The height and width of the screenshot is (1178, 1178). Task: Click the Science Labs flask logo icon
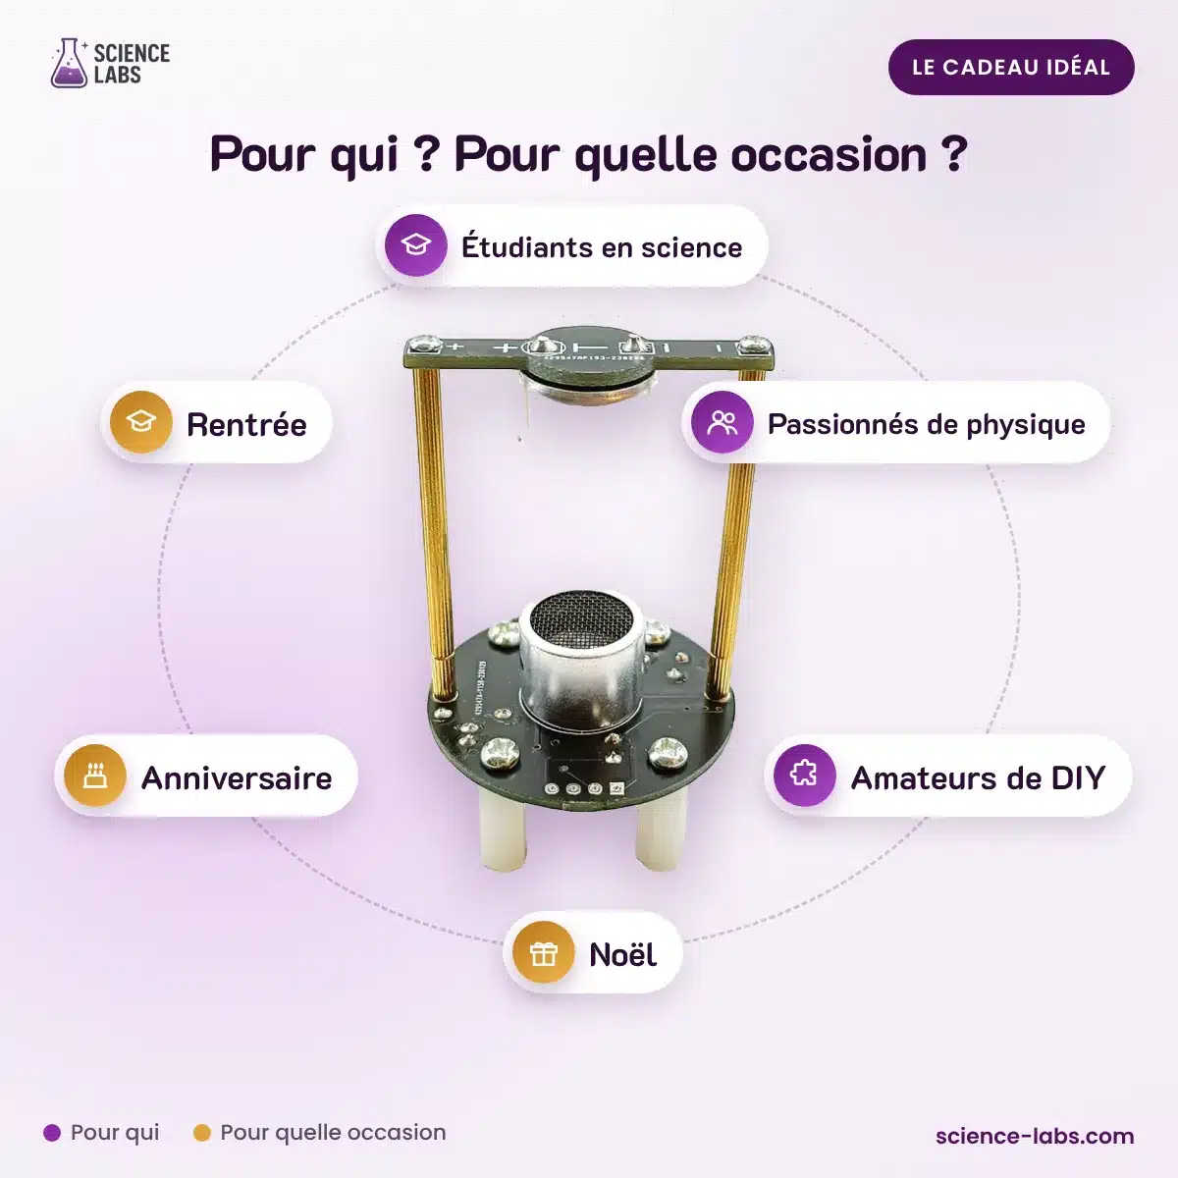(69, 63)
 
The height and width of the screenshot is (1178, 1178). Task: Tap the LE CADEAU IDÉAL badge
(1011, 68)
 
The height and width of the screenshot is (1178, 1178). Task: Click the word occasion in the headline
(829, 155)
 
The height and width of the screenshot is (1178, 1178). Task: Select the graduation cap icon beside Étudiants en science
(415, 245)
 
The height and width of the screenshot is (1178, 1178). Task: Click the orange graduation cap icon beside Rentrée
(141, 422)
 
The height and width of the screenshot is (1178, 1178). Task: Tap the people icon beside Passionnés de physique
(722, 422)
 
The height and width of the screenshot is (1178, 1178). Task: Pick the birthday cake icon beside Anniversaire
(95, 776)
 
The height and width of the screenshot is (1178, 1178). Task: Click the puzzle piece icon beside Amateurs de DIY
(805, 776)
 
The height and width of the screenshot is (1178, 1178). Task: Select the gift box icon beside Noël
(544, 952)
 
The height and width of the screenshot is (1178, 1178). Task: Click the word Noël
(623, 954)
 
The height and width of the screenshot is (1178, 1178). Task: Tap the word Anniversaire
(237, 778)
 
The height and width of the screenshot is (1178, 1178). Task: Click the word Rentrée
(246, 425)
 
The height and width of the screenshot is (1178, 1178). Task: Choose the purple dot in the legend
(52, 1133)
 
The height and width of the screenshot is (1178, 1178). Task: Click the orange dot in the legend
(202, 1133)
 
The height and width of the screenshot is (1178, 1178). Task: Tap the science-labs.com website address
(1035, 1136)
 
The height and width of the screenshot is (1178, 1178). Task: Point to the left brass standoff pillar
(434, 532)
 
